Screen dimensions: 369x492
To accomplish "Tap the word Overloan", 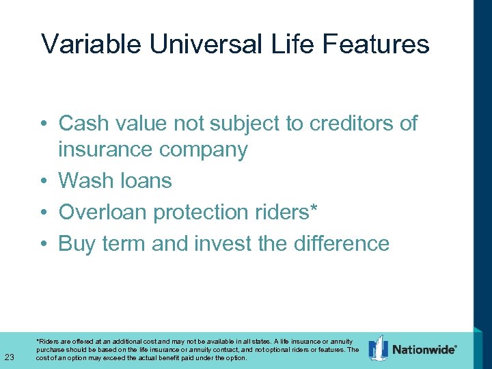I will [103, 213].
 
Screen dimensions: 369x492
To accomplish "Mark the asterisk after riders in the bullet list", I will [314, 208].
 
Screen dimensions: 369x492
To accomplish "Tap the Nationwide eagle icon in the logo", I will [378, 348].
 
